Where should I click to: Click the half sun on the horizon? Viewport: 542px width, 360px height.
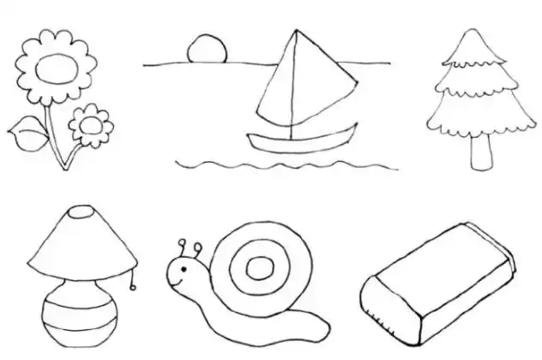207,48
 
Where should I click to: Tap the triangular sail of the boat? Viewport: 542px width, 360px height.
296,86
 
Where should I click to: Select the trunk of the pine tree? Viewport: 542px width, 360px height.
481,152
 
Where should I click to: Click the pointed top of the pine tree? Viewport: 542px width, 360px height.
470,36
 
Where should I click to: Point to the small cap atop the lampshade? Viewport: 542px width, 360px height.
81,211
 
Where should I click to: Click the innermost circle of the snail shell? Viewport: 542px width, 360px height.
258,268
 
